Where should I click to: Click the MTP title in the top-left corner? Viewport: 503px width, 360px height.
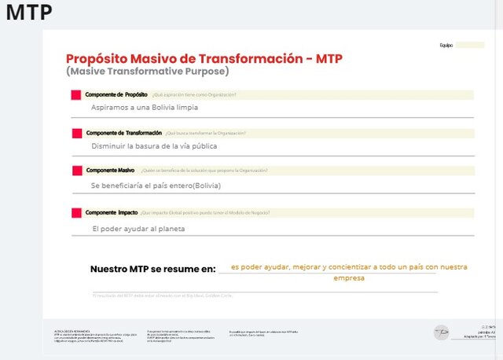click(28, 14)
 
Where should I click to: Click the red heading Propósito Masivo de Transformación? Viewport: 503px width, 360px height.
click(204, 59)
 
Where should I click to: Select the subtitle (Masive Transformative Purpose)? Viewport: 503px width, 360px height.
click(147, 72)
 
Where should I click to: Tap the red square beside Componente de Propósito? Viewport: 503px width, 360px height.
click(76, 95)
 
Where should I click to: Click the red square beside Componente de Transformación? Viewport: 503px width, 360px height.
click(76, 133)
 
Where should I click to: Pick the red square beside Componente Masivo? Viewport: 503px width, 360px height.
click(76, 171)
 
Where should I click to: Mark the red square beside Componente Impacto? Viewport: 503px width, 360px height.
click(76, 213)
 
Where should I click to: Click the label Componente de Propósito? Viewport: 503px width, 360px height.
click(116, 94)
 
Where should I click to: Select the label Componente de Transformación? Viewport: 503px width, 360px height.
click(123, 133)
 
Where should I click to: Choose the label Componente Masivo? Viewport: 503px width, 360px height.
click(110, 171)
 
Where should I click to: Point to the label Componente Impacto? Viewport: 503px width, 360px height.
click(112, 212)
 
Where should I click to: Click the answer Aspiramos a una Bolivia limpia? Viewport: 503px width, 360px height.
click(145, 107)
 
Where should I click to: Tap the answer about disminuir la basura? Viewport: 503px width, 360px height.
click(154, 145)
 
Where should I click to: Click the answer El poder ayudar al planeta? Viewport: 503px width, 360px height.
click(138, 229)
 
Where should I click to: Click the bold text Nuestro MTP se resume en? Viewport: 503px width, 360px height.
click(152, 269)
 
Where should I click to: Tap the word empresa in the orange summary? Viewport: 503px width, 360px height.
click(349, 278)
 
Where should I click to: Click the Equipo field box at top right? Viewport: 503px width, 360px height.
click(470, 45)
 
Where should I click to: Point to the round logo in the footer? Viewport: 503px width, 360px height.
click(441, 332)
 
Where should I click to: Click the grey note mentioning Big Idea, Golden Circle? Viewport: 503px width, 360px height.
click(163, 296)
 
